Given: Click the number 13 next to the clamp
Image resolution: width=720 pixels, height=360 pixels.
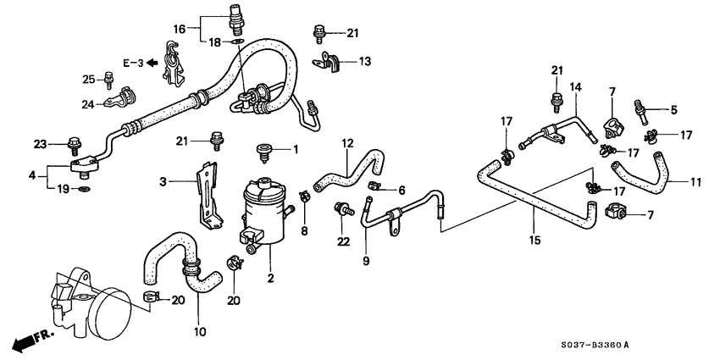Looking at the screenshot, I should [x=364, y=62].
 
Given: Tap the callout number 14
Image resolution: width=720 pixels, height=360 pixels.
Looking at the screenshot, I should [x=576, y=86].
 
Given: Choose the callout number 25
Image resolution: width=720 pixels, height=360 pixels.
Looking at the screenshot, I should [x=88, y=79].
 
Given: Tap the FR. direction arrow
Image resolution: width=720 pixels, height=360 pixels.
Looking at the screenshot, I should [x=30, y=341].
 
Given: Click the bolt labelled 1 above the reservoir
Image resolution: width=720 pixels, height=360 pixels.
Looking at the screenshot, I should [x=264, y=152].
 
